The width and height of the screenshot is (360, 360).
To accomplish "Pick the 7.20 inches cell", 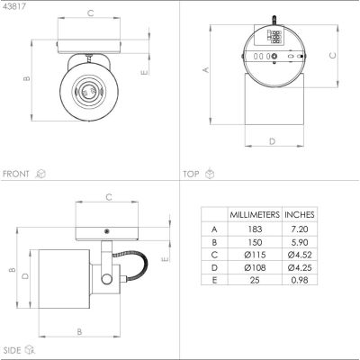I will pyautogui.click(x=299, y=230).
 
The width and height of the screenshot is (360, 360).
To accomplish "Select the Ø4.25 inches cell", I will pyautogui.click(x=299, y=267).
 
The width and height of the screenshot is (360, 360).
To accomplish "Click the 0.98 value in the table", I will pyautogui.click(x=299, y=280).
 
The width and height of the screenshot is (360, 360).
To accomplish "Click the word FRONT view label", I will pyautogui.click(x=16, y=172).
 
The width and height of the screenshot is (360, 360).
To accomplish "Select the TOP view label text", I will pyautogui.click(x=191, y=172).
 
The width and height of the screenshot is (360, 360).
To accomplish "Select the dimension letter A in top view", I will pyautogui.click(x=205, y=69).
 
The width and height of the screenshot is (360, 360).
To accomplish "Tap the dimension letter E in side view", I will pyautogui.click(x=165, y=258).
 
